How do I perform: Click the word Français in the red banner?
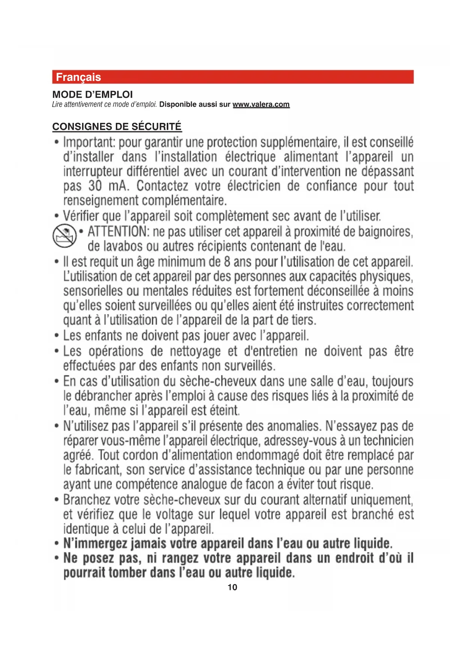pos(78,77)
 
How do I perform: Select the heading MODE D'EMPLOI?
pos(93,94)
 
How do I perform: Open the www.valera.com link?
pos(261,105)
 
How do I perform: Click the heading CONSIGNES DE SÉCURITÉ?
pos(117,127)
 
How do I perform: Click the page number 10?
pos(232,587)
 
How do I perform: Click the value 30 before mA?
pos(95,186)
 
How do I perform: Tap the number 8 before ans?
pos(227,262)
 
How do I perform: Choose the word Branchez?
pos(87,500)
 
